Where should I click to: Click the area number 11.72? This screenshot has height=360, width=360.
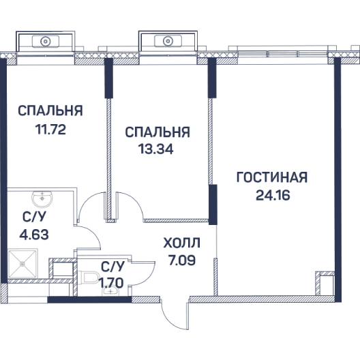click(x=50, y=130)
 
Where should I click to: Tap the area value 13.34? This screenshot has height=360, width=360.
click(x=155, y=149)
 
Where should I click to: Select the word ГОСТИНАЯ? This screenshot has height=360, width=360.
click(x=272, y=177)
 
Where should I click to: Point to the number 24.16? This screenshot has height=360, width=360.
click(x=273, y=196)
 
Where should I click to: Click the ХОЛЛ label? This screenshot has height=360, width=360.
click(x=181, y=243)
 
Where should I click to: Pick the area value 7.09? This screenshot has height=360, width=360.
click(x=182, y=260)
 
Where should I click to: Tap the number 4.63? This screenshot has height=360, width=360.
click(x=34, y=235)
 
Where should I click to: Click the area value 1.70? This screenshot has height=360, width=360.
click(x=111, y=283)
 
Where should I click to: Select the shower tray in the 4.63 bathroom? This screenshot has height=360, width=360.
click(x=22, y=264)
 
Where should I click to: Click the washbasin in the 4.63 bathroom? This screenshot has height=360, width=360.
click(x=42, y=198)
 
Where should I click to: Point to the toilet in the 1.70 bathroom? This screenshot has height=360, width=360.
click(x=89, y=277)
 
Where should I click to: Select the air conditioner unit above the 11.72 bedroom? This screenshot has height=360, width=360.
click(x=46, y=42)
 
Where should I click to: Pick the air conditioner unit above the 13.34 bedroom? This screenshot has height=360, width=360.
click(x=168, y=42)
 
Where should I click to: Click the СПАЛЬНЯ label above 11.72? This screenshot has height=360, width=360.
click(x=50, y=110)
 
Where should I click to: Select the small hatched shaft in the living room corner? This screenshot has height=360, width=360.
click(x=325, y=284)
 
